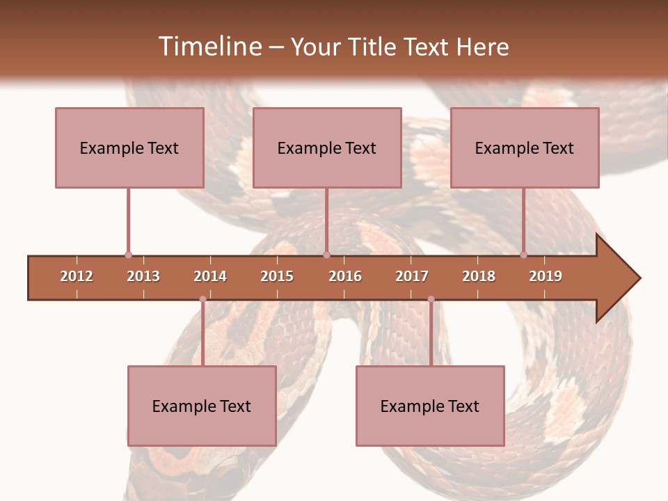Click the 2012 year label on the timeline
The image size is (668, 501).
click(77, 276)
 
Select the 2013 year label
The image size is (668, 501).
click(143, 276)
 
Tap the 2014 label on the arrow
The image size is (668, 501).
click(210, 276)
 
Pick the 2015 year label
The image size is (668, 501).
click(277, 276)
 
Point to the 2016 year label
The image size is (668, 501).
click(345, 276)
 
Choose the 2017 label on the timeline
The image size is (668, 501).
click(412, 276)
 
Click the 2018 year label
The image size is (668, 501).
click(479, 276)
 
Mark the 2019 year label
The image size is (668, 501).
click(546, 276)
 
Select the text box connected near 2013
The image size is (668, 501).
click(129, 148)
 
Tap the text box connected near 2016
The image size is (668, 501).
click(327, 148)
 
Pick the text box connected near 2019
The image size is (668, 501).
click(525, 148)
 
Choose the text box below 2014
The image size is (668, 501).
click(202, 406)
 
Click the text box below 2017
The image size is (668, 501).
click(430, 406)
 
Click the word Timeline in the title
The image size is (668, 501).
click(208, 47)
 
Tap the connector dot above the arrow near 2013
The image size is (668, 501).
click(128, 255)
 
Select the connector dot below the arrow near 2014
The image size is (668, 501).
click(202, 299)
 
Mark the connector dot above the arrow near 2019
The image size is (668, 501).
click(523, 255)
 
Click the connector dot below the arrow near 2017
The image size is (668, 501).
click(431, 299)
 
